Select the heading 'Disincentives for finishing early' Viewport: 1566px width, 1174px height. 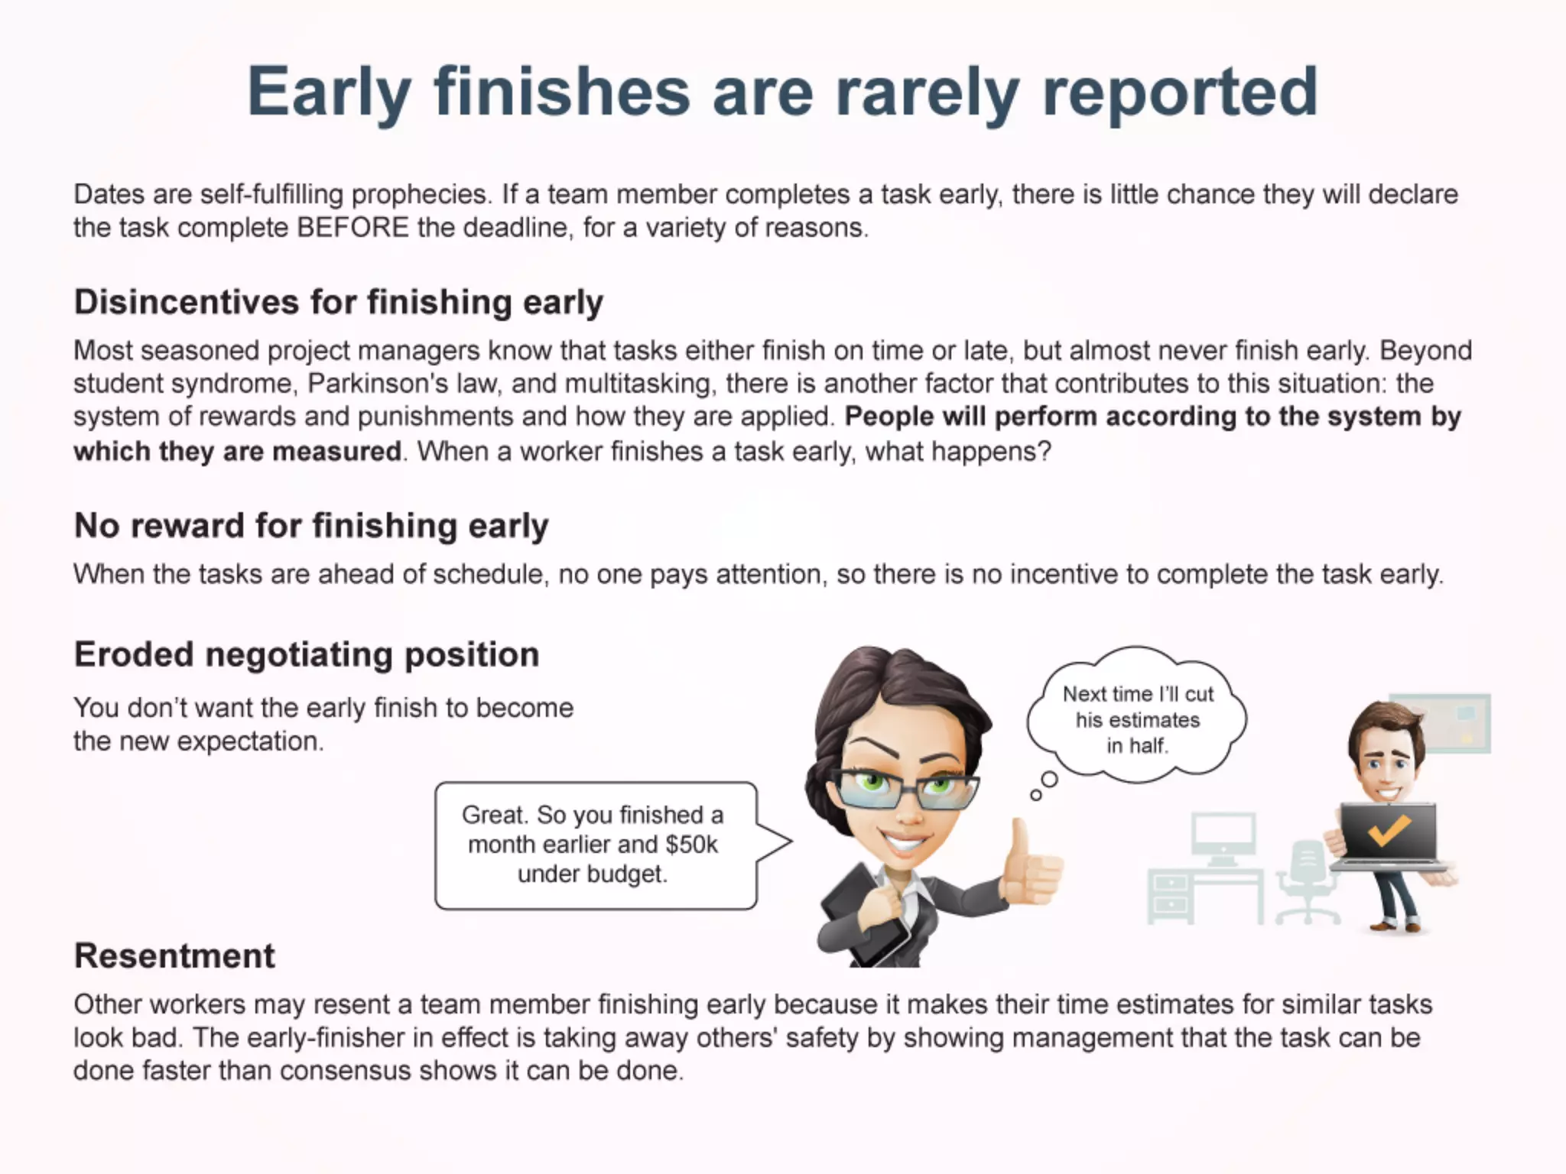338,302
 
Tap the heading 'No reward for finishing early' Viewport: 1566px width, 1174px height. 311,526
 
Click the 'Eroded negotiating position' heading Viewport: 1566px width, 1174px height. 307,655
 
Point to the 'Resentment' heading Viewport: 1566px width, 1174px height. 174,956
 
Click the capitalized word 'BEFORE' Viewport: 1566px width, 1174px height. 353,228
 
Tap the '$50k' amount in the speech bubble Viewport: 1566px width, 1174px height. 691,845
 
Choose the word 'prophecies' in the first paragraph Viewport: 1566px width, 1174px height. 419,195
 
